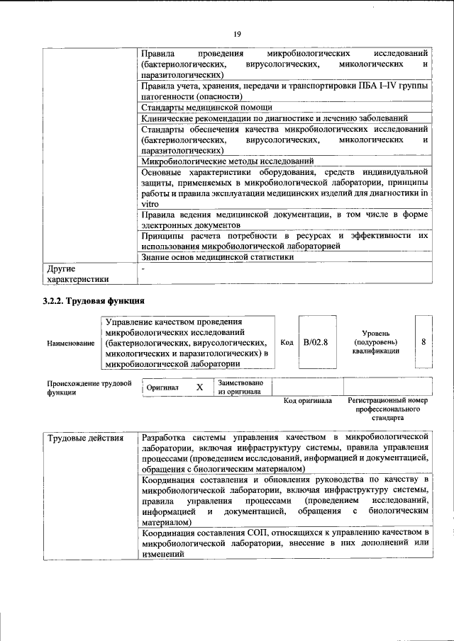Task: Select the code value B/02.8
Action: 316,342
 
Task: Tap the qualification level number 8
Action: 423,342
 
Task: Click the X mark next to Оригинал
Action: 199,387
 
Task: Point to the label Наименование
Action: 71,344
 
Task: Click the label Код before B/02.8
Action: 287,342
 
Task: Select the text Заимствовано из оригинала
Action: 241,387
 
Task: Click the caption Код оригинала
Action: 307,401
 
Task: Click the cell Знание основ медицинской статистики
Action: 217,257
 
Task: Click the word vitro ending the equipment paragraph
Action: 150,203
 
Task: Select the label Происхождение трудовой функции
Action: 89,388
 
